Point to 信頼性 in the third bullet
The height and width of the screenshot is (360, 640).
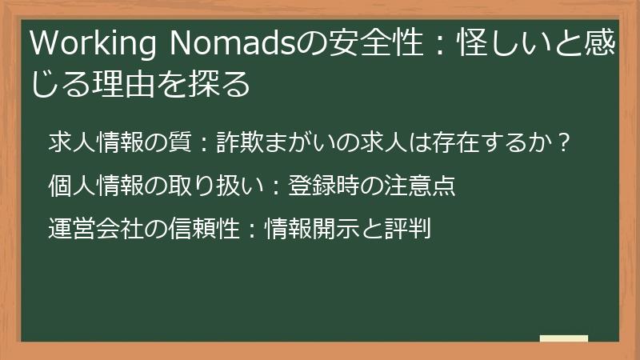pos(205,230)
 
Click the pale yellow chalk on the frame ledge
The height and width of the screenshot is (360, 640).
pos(563,338)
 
